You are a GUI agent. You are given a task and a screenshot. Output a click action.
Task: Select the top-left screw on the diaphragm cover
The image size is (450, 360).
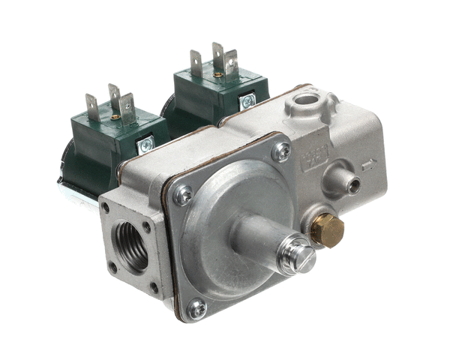coord(182,195)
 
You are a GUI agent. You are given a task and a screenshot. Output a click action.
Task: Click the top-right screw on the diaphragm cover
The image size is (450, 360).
coord(281,151)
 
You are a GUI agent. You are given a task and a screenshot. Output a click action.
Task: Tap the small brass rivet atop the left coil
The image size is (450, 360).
coord(115,117)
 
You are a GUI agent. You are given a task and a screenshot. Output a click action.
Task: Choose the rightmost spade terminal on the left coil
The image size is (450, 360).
coord(128,106)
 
